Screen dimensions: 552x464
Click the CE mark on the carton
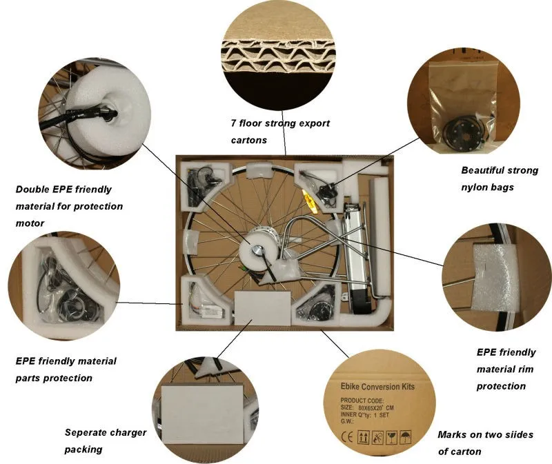point(346,437)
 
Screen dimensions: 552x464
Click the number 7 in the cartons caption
point(234,124)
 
